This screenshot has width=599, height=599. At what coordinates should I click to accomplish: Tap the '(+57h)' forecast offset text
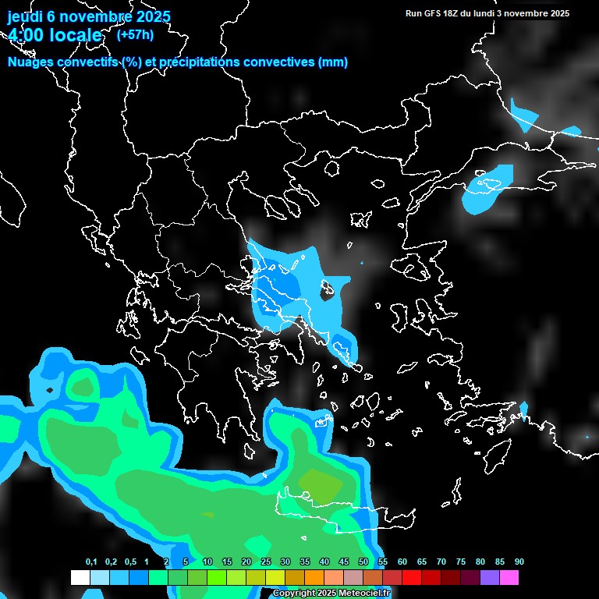point(134,34)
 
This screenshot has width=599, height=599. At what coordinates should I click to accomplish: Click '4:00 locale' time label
point(55,35)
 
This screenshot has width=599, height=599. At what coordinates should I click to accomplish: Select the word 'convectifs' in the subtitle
point(87,62)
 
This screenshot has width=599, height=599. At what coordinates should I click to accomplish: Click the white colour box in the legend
point(80,578)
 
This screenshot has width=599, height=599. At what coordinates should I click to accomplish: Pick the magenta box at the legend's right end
point(509,578)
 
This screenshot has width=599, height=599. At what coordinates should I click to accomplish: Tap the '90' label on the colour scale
point(519,562)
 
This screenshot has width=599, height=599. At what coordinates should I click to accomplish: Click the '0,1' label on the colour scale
point(91,562)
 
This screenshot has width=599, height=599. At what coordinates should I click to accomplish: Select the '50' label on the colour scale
point(363,562)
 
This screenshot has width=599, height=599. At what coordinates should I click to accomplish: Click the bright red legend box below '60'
point(412,578)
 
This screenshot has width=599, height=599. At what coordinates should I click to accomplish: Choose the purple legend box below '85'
point(490,578)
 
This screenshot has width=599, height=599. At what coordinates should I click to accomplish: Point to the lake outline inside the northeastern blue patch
point(491,185)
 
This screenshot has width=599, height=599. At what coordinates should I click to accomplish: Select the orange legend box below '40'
point(314,578)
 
